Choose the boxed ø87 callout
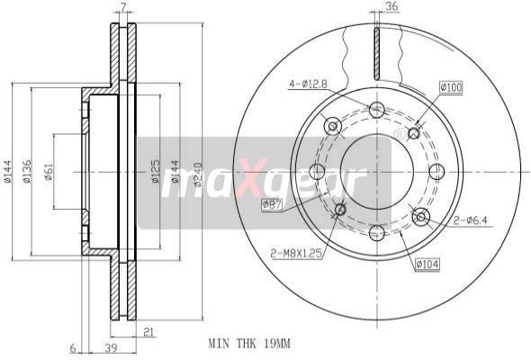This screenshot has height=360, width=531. pyautogui.click(x=272, y=206)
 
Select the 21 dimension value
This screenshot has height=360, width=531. pyautogui.click(x=147, y=332)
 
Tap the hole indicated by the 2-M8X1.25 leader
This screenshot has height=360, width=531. pyautogui.click(x=340, y=210)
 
